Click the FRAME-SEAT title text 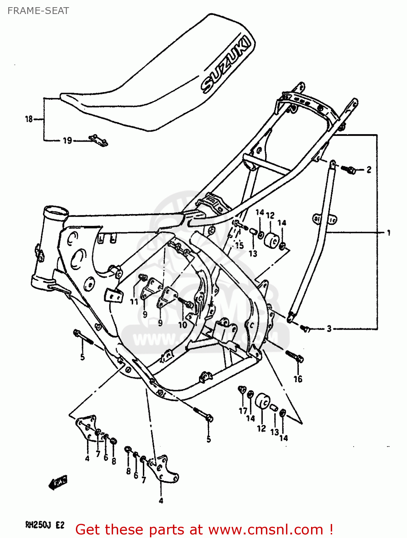[38, 11]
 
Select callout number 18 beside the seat [29, 119]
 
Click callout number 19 [67, 141]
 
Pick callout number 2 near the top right [369, 170]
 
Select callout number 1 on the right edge [388, 233]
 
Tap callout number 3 [329, 328]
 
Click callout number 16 [298, 378]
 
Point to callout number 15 [239, 245]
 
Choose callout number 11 [134, 302]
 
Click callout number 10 [183, 325]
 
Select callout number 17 [243, 411]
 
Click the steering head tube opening [55, 212]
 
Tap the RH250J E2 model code [45, 525]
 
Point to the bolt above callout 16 [295, 356]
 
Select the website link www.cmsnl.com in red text [266, 529]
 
